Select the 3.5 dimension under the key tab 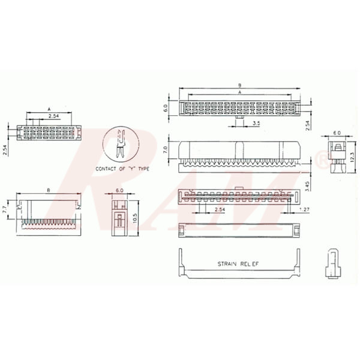coord(256,124)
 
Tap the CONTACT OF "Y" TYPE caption coord(122,169)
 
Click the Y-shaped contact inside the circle coord(121,145)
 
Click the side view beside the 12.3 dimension coord(337,156)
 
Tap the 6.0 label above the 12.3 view coord(337,132)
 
